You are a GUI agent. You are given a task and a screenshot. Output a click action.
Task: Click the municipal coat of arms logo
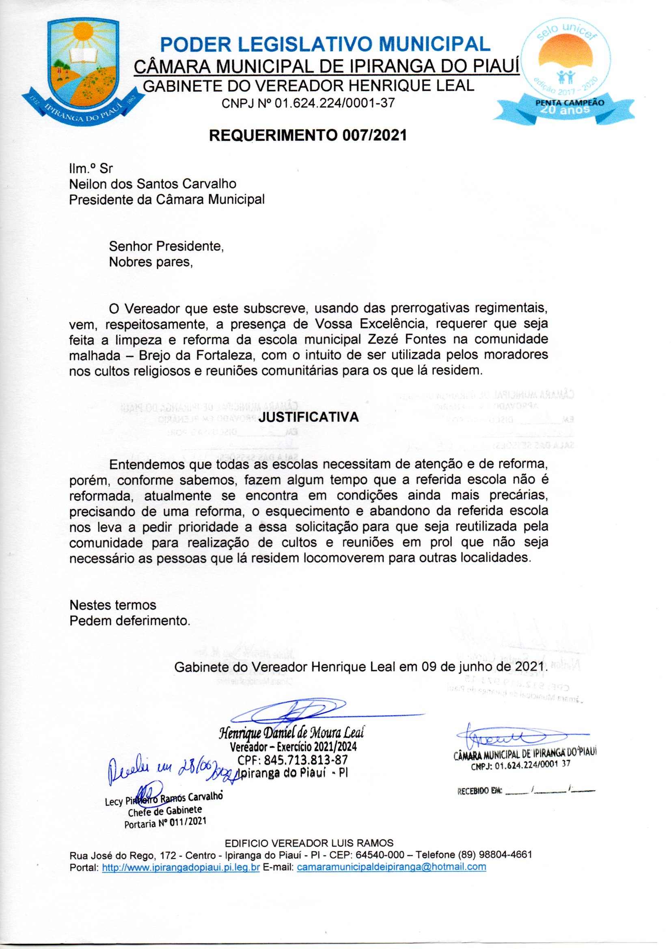(x=83, y=70)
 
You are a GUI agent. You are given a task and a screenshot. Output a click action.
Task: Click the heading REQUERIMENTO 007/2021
(x=308, y=135)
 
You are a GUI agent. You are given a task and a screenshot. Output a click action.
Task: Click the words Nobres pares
(x=151, y=262)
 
